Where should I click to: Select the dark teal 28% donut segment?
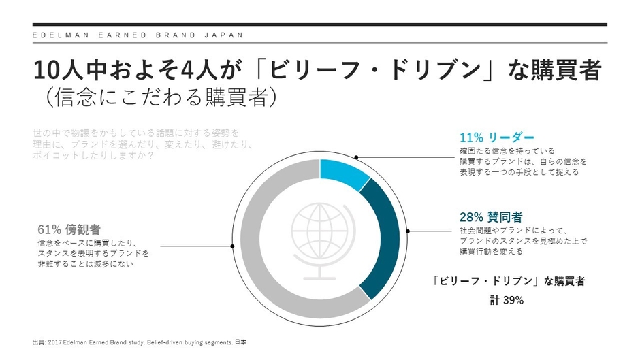pyautogui.click(x=385, y=235)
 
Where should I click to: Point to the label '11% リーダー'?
pyautogui.click(x=497, y=137)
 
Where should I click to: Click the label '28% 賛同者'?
pyautogui.click(x=491, y=217)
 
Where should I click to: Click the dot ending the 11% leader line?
pyautogui.click(x=355, y=157)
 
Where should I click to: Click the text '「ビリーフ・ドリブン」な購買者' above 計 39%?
pyautogui.click(x=509, y=280)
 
